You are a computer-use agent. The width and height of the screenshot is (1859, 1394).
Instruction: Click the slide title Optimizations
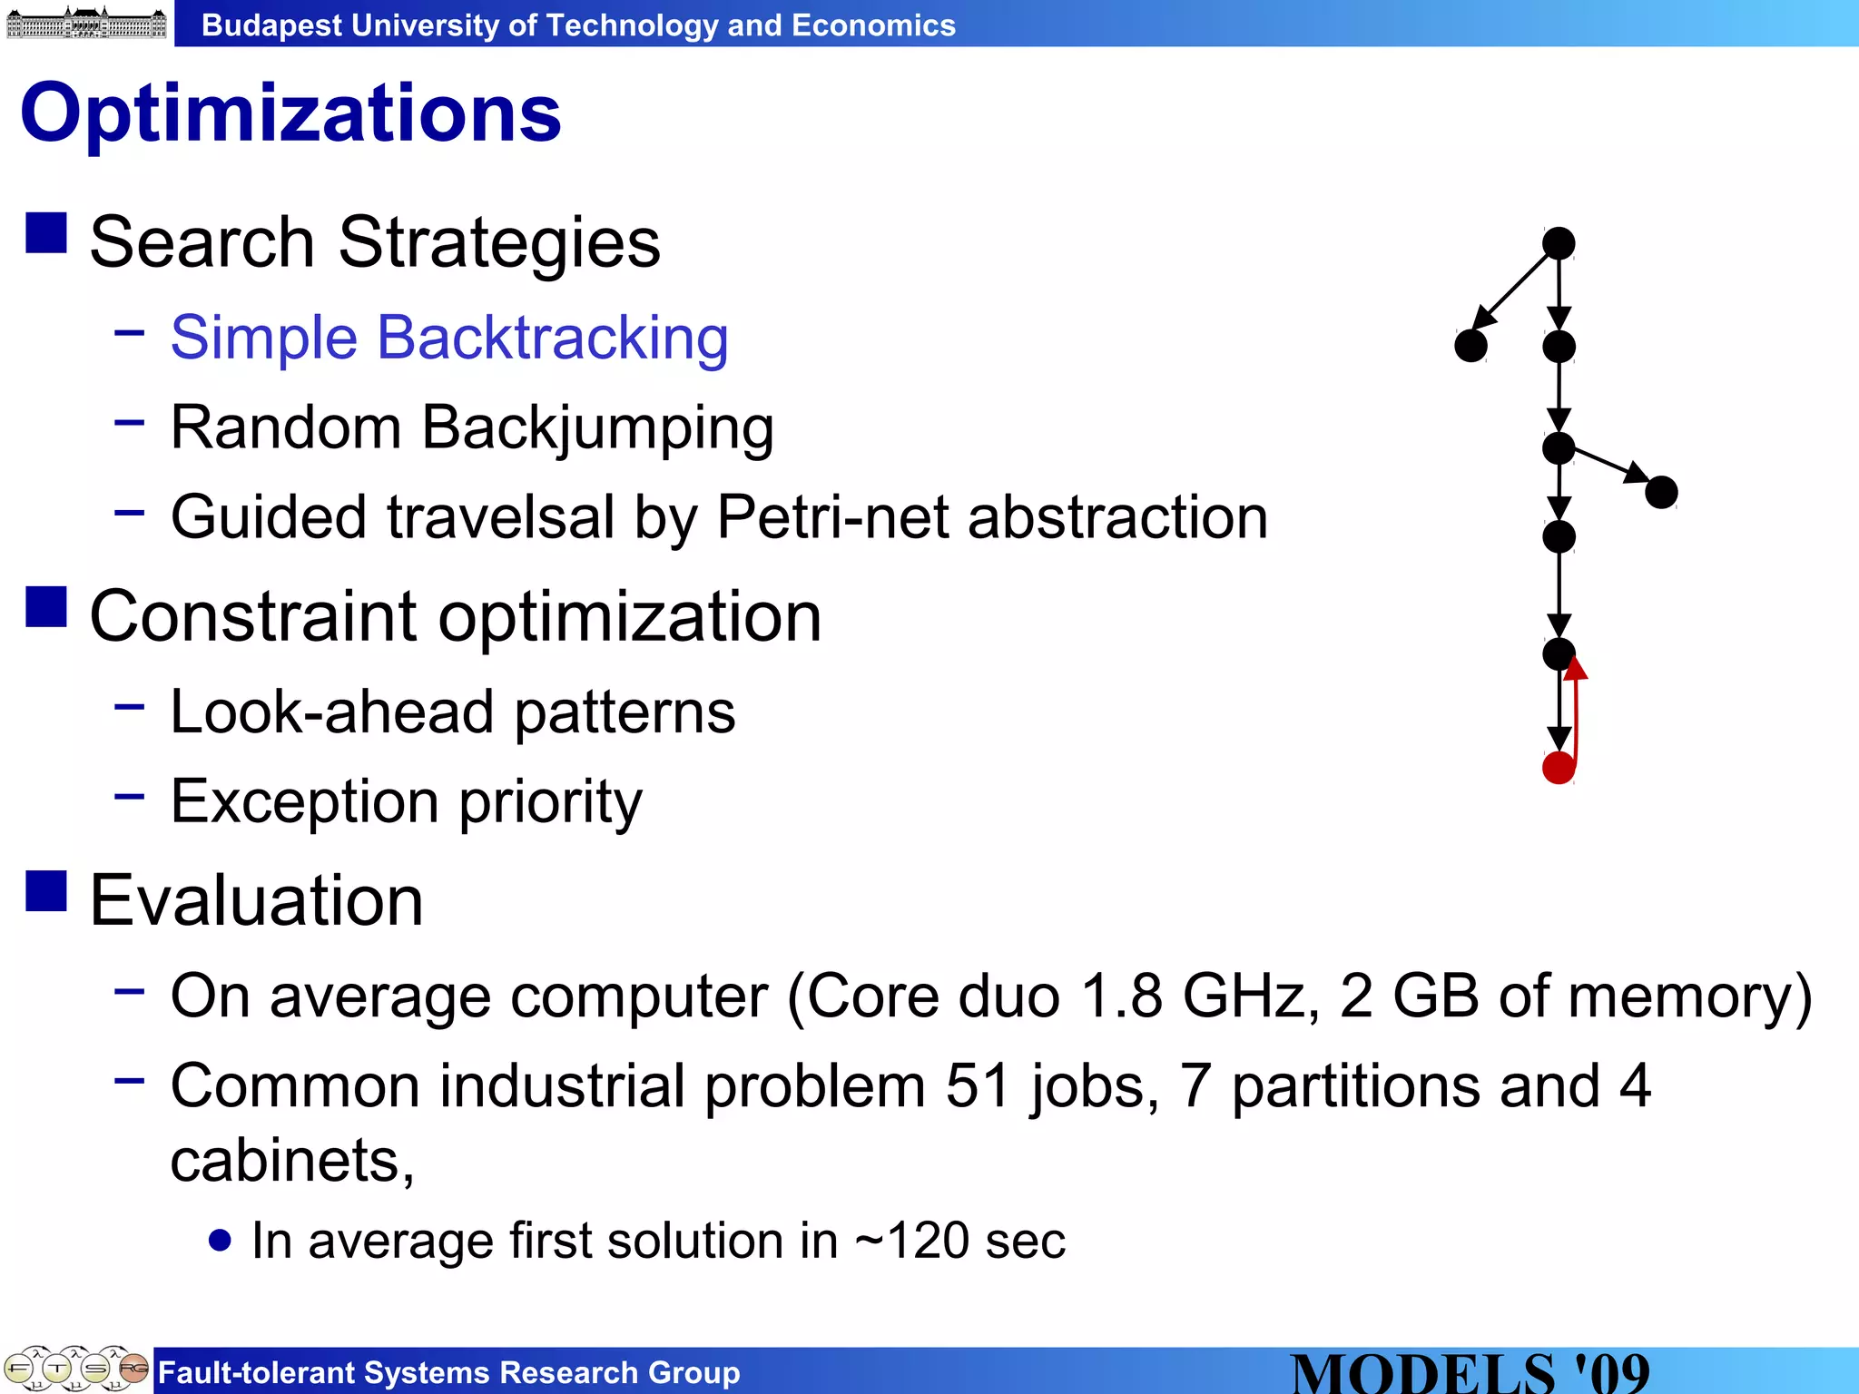pyautogui.click(x=290, y=113)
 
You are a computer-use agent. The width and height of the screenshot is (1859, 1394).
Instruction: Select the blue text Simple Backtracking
pyautogui.click(x=449, y=338)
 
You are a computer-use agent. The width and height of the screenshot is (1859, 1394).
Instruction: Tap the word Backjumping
pyautogui.click(x=597, y=427)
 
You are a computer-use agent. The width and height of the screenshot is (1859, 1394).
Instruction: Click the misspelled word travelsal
pyautogui.click(x=501, y=517)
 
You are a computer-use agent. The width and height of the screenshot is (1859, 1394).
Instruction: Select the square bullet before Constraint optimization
pyautogui.click(x=46, y=607)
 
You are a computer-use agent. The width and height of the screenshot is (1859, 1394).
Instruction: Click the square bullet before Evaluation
pyautogui.click(x=46, y=890)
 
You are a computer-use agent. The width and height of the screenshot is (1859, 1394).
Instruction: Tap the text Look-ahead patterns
pyautogui.click(x=452, y=712)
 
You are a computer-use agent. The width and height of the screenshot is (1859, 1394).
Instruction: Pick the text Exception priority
pyautogui.click(x=406, y=802)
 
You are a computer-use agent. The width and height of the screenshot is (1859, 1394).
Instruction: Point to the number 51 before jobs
pyautogui.click(x=978, y=1086)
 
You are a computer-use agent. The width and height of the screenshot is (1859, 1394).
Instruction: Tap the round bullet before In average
pyautogui.click(x=220, y=1240)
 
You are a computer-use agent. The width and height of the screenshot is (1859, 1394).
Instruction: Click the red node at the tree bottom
pyautogui.click(x=1558, y=768)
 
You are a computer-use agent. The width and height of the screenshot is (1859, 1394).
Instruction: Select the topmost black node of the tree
pyautogui.click(x=1559, y=243)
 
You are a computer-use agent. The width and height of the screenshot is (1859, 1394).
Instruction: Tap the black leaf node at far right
pyautogui.click(x=1661, y=493)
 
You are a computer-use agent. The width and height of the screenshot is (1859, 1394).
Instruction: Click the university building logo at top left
pyautogui.click(x=86, y=22)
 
